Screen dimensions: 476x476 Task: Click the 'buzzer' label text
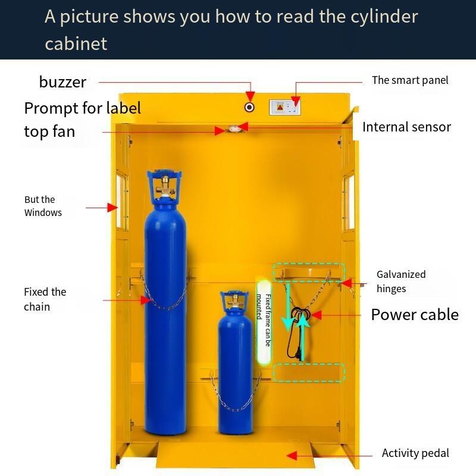(62, 82)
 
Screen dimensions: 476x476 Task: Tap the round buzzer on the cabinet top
(249, 107)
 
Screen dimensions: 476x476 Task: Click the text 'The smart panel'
(410, 80)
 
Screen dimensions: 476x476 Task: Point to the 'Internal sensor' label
(406, 127)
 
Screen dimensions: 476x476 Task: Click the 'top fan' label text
(49, 131)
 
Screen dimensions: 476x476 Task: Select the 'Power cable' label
(415, 314)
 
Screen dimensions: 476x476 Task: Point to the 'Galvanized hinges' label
(401, 281)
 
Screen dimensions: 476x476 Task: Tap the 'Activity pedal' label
(415, 453)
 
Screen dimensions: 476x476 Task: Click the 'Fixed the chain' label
(45, 299)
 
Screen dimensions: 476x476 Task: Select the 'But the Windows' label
(43, 206)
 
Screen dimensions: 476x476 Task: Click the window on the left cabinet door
(122, 201)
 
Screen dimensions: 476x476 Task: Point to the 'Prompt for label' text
(82, 108)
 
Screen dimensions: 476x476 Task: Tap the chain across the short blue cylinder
(236, 400)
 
